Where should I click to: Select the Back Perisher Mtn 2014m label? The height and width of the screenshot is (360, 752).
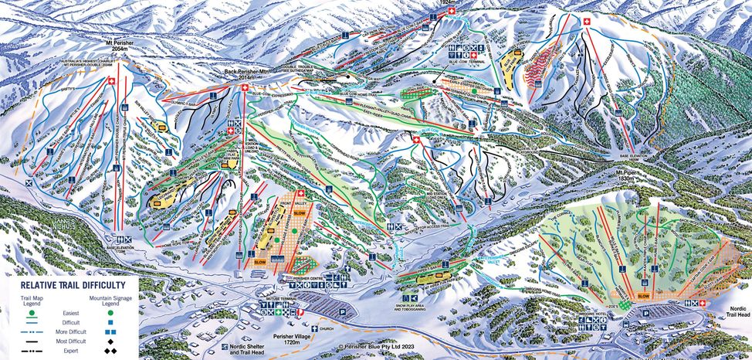point(246,76)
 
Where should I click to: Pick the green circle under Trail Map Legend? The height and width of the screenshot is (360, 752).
point(32,314)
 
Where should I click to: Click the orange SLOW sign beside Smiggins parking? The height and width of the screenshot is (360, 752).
point(643,295)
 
